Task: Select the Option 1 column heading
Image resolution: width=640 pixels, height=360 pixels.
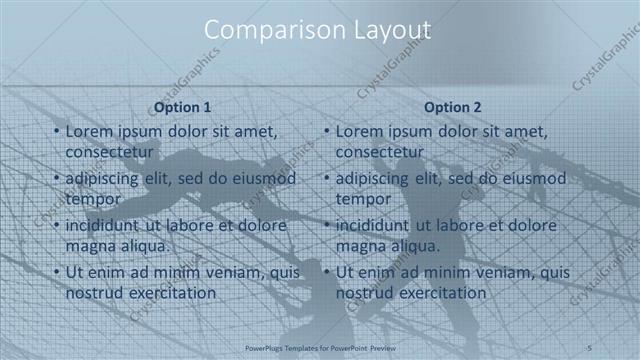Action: point(182,106)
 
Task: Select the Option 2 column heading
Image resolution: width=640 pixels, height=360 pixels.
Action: point(452,106)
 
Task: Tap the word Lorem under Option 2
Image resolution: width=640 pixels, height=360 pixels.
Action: point(361,131)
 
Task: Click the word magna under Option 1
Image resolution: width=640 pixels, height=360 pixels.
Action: point(91,246)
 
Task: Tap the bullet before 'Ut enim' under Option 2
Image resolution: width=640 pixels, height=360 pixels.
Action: point(326,273)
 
